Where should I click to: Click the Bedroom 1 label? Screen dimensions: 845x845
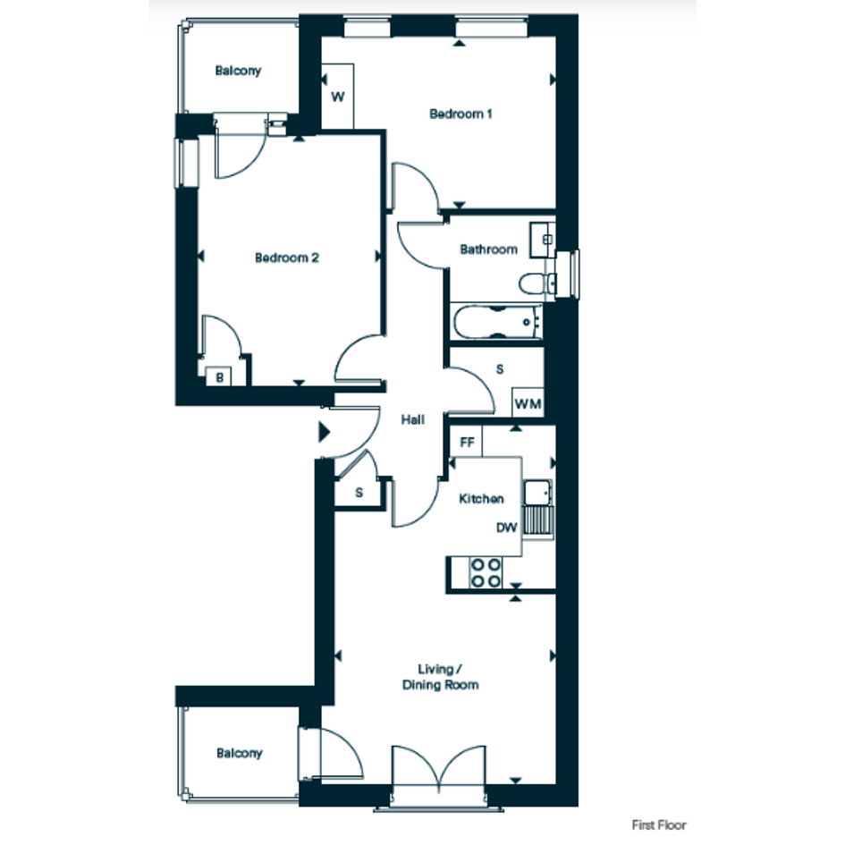click(x=461, y=114)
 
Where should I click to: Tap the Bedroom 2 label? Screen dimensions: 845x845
click(x=287, y=258)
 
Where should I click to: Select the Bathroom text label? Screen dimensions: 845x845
click(x=488, y=249)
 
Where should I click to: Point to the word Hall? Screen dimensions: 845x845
click(x=412, y=419)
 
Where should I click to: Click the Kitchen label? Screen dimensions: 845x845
click(x=481, y=498)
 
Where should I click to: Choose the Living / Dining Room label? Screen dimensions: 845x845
click(x=440, y=677)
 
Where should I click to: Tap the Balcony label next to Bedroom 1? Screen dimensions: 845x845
click(x=238, y=71)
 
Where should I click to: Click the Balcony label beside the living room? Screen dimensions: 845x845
click(x=240, y=753)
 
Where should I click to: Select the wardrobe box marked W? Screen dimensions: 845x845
click(x=337, y=97)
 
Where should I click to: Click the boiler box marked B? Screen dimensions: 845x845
click(x=219, y=377)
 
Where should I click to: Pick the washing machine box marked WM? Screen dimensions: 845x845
click(x=528, y=402)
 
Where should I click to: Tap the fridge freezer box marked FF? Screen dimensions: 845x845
click(x=466, y=442)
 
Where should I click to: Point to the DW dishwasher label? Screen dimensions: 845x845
click(x=507, y=528)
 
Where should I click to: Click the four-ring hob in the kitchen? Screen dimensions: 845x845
click(x=486, y=572)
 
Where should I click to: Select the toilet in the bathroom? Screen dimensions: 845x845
click(x=537, y=283)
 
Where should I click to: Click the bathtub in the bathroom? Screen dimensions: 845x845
click(x=497, y=322)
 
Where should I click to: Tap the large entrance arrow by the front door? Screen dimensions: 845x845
click(x=324, y=432)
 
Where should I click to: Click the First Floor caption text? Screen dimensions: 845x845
click(x=658, y=825)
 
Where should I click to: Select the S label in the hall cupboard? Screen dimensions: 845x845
click(x=359, y=493)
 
